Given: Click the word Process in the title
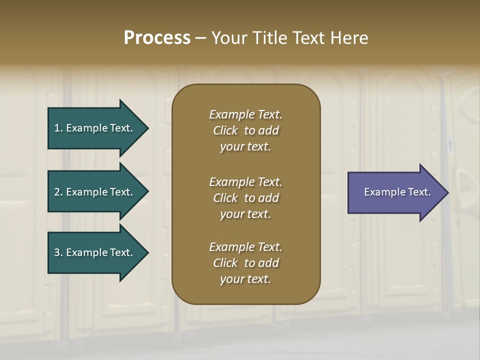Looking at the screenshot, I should (x=157, y=38).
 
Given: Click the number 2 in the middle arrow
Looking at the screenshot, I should (x=57, y=192).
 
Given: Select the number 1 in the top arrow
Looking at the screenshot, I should (x=57, y=128).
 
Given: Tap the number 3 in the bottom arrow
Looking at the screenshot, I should (x=57, y=252).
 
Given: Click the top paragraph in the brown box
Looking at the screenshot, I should (x=245, y=130).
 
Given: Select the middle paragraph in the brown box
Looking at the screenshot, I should (x=245, y=198).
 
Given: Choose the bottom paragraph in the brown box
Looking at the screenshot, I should (x=245, y=263).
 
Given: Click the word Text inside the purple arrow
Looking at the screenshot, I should (x=419, y=192).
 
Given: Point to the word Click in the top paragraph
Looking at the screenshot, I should (x=225, y=130).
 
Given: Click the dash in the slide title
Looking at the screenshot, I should (x=201, y=38).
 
